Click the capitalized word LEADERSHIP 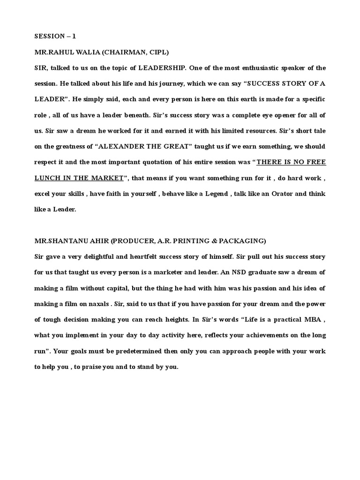pos(160,68)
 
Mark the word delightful pos(99,257)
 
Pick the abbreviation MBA pos(305,320)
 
